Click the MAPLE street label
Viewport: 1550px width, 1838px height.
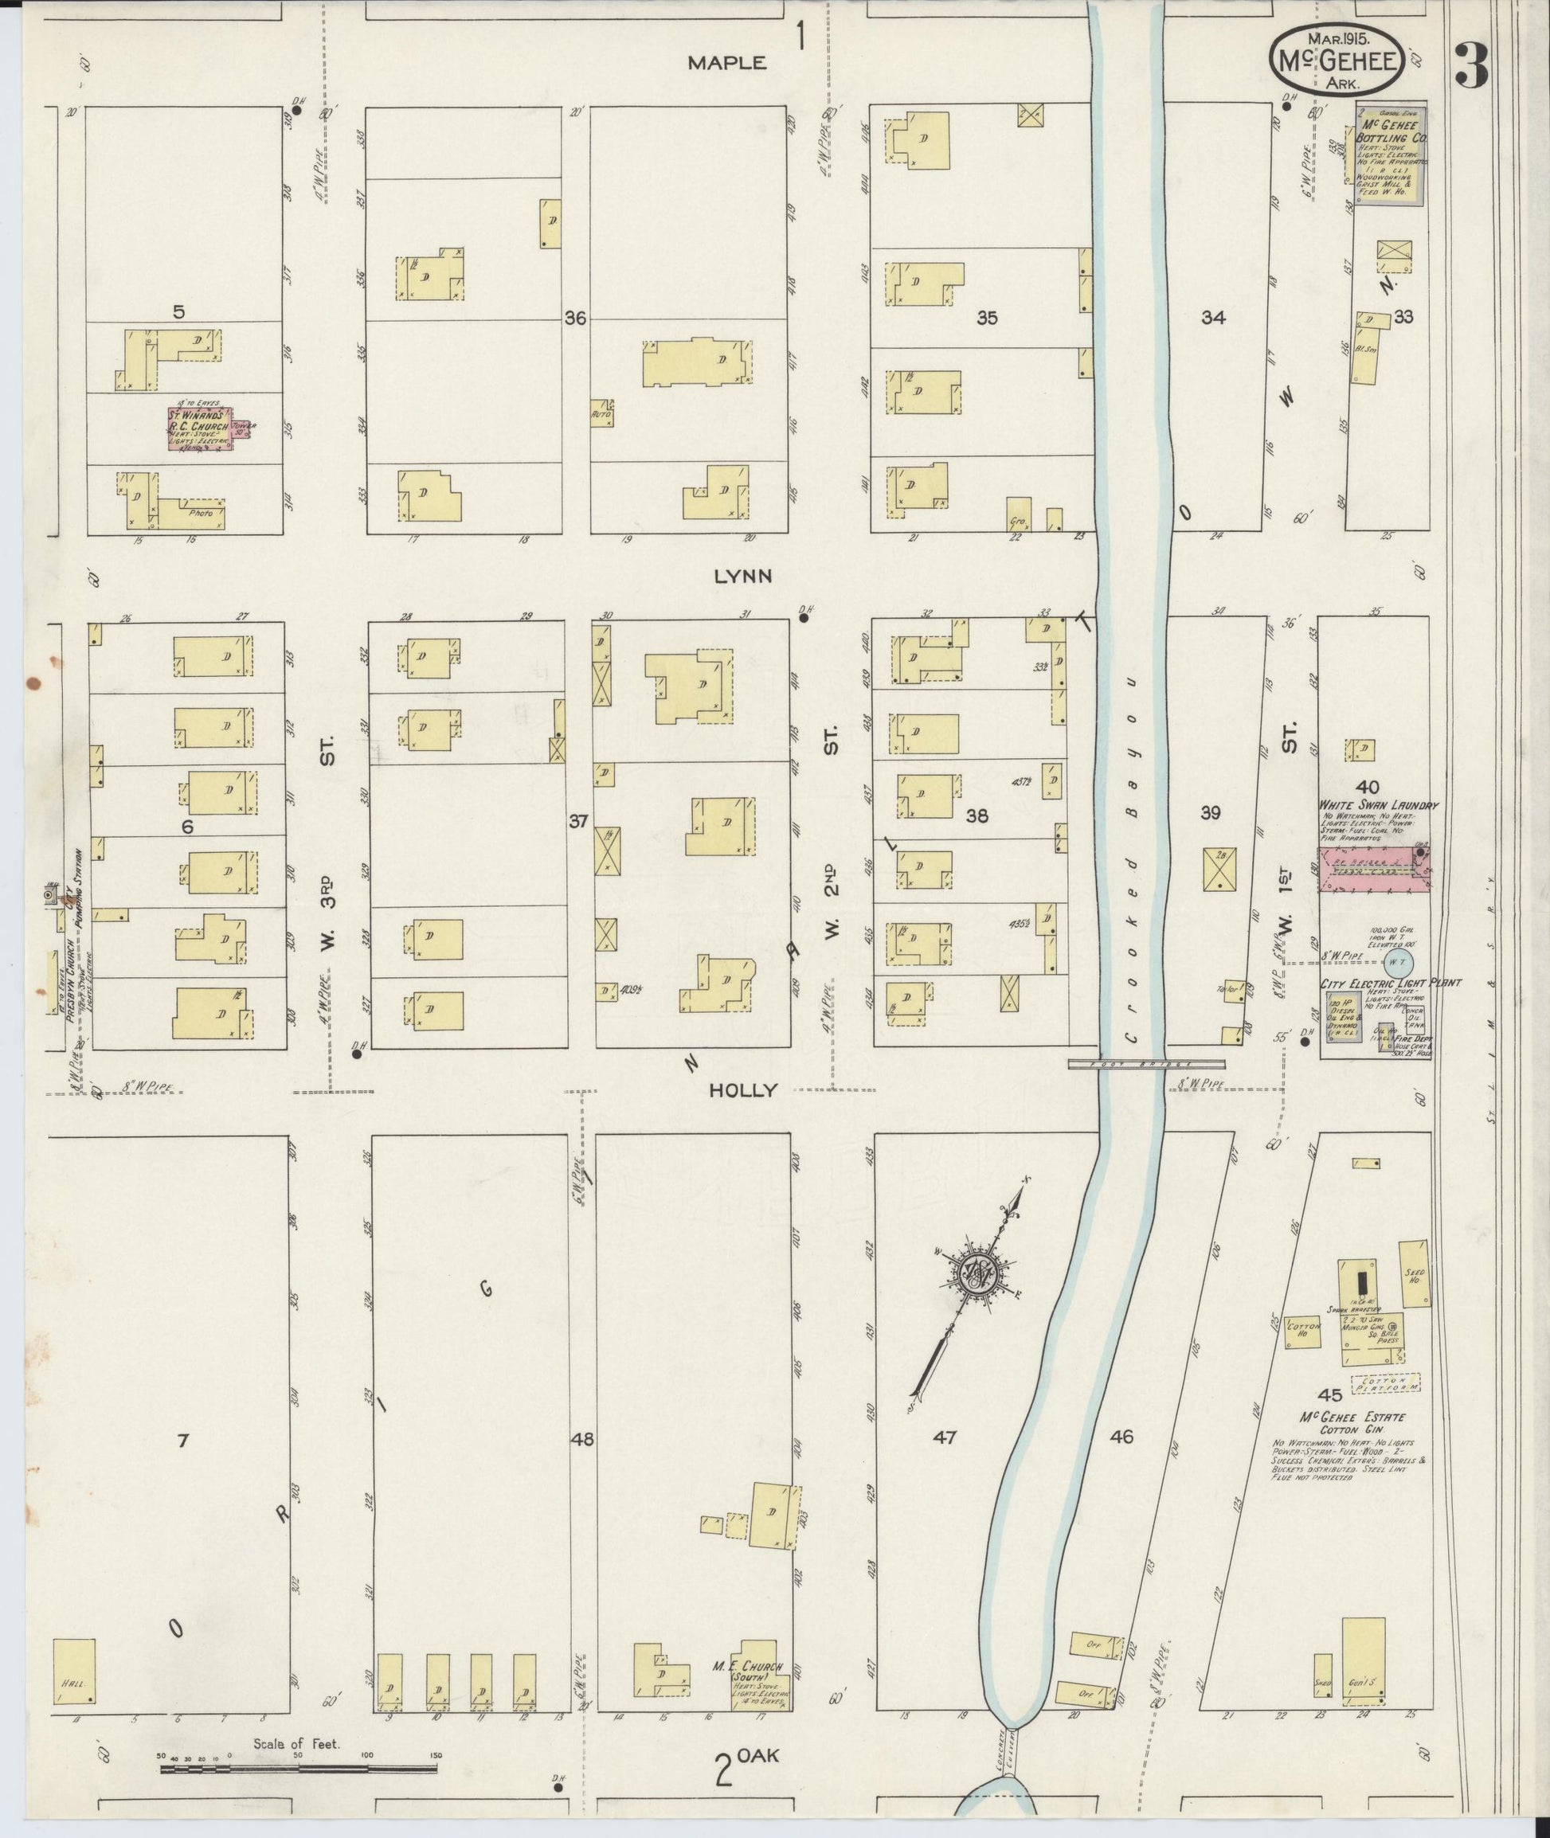click(x=726, y=62)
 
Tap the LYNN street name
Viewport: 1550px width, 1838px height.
click(x=742, y=577)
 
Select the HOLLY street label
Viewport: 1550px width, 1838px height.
click(x=743, y=1090)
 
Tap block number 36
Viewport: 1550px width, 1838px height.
click(x=576, y=319)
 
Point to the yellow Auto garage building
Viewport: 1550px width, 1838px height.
click(x=603, y=413)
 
